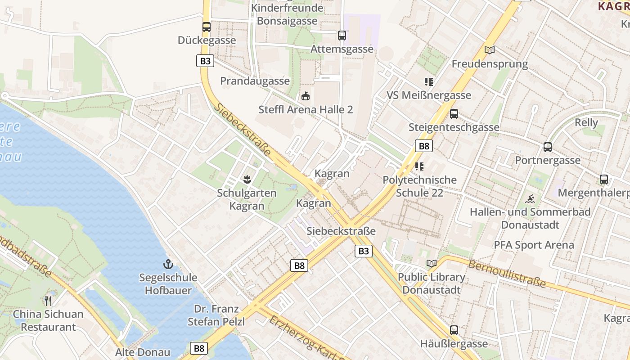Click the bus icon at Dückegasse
point(207,27)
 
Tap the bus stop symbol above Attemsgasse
point(342,35)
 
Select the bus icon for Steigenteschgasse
point(454,114)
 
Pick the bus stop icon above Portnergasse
point(548,147)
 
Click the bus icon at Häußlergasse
point(454,330)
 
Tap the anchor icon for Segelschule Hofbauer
point(168,264)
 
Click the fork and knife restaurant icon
point(48,301)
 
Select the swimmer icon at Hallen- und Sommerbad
point(530,199)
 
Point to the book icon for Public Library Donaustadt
point(432,263)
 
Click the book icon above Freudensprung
point(490,50)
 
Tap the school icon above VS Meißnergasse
point(429,82)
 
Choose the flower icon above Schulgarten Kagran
point(247,180)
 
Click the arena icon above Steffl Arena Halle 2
point(306,96)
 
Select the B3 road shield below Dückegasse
point(205,61)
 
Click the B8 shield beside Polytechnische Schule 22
point(423,146)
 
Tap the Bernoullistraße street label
point(507,273)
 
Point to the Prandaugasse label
point(255,81)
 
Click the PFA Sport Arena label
point(534,245)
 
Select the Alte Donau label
point(143,352)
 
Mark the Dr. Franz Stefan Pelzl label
point(216,315)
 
